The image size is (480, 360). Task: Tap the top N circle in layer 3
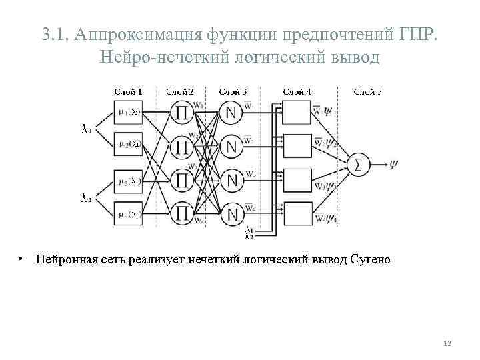point(231,113)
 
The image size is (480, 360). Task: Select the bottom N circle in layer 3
point(231,215)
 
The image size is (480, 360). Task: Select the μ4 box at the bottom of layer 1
point(127,215)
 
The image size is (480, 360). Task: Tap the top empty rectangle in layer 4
point(297,112)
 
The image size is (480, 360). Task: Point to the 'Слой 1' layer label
point(128,91)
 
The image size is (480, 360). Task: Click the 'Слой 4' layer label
point(297,91)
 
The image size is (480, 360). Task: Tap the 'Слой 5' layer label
point(367,91)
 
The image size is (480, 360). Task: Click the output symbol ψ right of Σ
point(394,164)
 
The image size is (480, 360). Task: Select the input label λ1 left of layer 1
point(87,129)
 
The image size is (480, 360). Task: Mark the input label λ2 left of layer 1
point(87,197)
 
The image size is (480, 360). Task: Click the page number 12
point(447,343)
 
